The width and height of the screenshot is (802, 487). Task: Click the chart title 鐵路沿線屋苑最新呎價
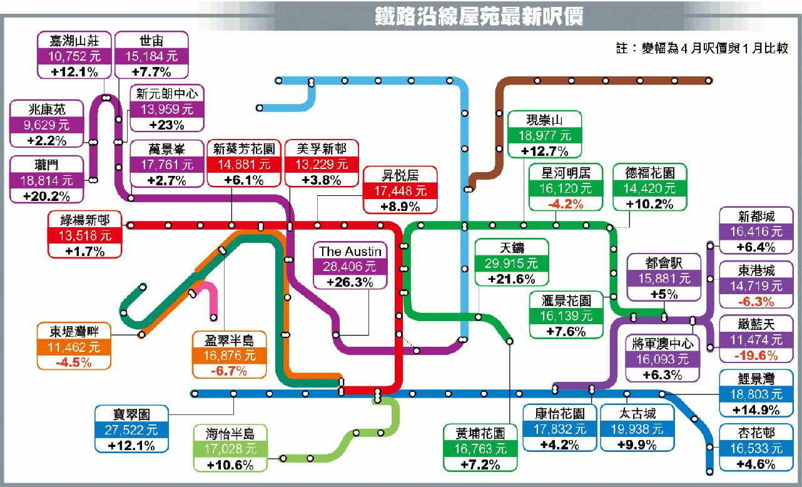coord(479,16)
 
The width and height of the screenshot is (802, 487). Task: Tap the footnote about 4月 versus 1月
coord(702,48)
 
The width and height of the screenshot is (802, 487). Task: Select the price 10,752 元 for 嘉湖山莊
coord(74,56)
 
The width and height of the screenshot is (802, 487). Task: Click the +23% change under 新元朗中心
coord(167,125)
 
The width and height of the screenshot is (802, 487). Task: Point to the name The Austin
coord(350,251)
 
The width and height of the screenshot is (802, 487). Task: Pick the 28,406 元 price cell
coord(350,267)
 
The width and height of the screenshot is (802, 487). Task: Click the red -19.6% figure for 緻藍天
coord(756,356)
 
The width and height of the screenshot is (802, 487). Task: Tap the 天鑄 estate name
coord(512,248)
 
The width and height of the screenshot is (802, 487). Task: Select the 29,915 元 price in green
coord(512,264)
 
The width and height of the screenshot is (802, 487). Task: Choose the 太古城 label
coord(637,414)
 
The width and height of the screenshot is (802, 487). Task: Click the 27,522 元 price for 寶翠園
coord(131,430)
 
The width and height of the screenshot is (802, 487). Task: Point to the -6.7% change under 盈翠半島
coord(229,371)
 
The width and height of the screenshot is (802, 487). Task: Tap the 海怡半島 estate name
coord(230,434)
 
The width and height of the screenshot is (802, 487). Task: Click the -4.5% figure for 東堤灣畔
coord(74,362)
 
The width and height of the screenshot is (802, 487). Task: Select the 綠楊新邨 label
coord(85,220)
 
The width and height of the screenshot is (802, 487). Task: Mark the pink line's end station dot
coord(214,317)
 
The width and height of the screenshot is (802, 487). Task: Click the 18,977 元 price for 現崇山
coord(545,135)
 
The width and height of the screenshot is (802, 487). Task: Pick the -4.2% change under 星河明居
coord(566,204)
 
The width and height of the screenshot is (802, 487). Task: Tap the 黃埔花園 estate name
coord(480,434)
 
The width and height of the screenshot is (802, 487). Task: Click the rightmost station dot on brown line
coord(708,81)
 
